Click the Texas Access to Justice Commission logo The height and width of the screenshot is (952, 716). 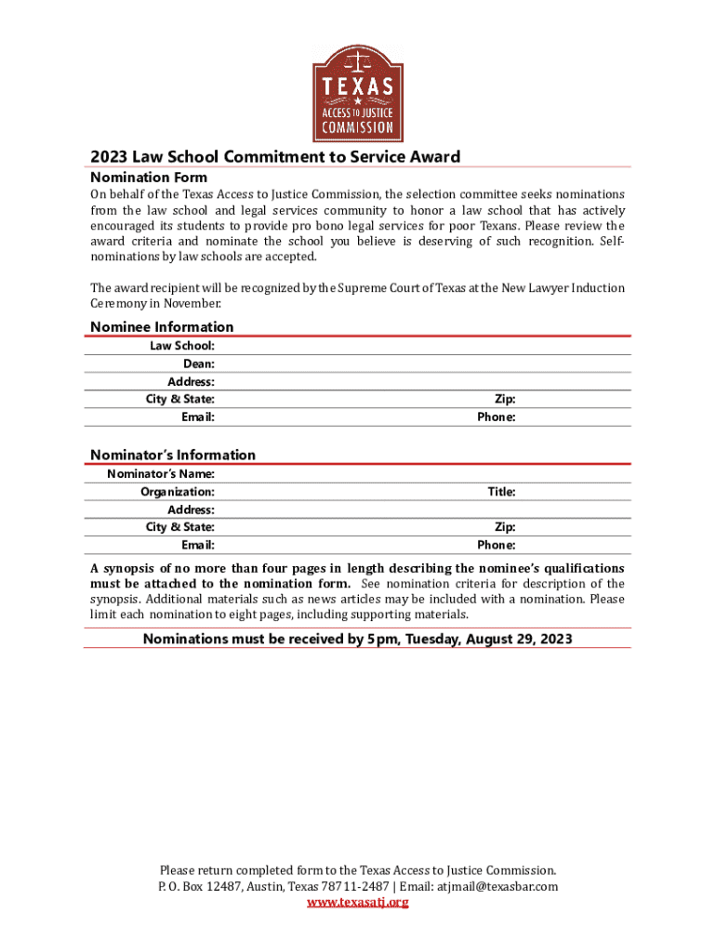358,89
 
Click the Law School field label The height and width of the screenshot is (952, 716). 182,346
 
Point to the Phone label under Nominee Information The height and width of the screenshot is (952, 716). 496,417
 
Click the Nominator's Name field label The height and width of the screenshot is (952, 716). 160,473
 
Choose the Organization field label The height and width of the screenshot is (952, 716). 177,491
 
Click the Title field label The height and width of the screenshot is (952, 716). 501,491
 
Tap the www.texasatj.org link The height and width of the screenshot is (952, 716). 358,902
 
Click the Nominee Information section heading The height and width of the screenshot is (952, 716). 162,326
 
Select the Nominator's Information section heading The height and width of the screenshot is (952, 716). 172,455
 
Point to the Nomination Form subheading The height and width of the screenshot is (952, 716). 149,177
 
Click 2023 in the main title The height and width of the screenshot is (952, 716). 108,156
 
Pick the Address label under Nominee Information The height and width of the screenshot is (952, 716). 191,381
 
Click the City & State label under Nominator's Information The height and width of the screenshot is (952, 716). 179,527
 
